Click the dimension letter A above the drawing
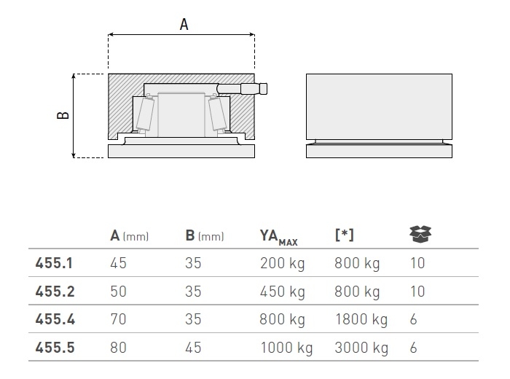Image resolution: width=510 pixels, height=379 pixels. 184,24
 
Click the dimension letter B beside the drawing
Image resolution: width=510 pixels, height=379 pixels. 63,115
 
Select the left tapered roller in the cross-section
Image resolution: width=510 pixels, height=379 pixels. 145,114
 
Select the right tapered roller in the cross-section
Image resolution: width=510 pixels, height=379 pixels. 217,114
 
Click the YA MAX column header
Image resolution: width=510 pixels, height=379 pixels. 279,237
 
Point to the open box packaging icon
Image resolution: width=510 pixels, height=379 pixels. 420,234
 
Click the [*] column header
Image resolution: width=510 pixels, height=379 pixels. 344,235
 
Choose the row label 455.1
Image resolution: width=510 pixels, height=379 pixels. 54,263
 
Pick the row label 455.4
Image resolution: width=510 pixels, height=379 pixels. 55,319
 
